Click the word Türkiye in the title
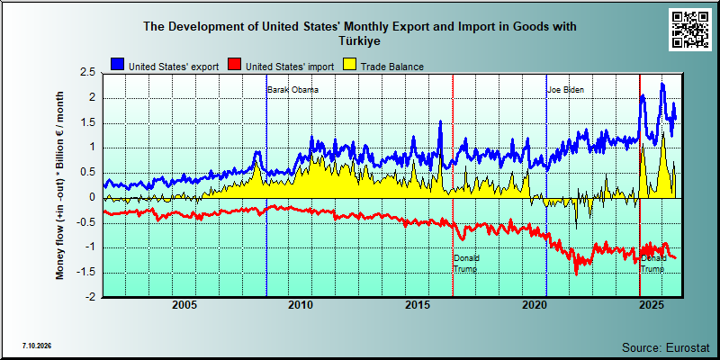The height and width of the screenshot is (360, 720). coord(360,40)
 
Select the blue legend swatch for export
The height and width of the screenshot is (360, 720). coord(118,65)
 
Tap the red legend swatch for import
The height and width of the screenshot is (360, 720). coord(235,65)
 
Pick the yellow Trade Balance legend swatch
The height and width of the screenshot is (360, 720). coord(350,65)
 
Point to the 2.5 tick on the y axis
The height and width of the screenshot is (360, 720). coord(87,73)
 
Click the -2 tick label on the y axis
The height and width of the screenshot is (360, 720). coord(91,297)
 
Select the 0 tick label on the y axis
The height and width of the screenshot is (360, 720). coord(92,197)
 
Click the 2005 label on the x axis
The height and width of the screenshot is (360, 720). coord(184,305)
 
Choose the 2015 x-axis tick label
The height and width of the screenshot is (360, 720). coord(418,305)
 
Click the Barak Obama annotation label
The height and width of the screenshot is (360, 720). coord(293,90)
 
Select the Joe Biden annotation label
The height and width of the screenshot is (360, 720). coord(566,90)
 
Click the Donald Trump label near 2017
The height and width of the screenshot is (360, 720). coord(466,264)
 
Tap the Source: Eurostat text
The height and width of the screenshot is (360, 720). coord(665,346)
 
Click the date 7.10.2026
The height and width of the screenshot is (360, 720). coord(36,346)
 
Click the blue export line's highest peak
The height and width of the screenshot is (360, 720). coord(662,84)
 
